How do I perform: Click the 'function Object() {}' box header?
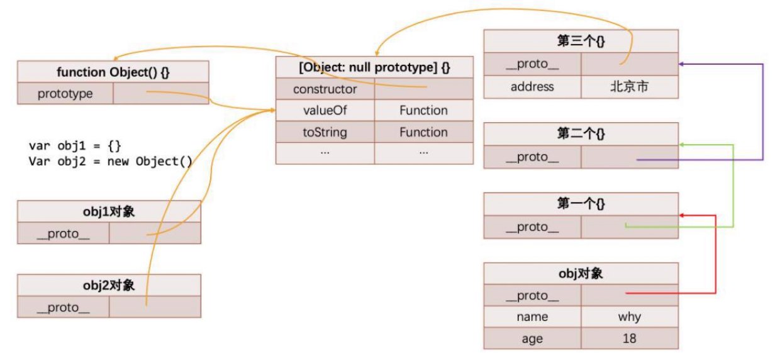[x=113, y=72]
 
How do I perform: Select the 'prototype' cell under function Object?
[x=65, y=93]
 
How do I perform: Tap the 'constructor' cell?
[x=325, y=89]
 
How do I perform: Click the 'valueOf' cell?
[x=325, y=111]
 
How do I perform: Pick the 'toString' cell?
[x=325, y=132]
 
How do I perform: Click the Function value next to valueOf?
[x=424, y=111]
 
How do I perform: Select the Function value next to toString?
[x=424, y=132]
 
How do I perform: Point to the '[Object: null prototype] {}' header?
[x=375, y=67]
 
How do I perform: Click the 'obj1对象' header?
[x=109, y=211]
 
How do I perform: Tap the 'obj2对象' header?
[x=109, y=286]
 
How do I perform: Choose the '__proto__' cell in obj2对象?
[x=64, y=307]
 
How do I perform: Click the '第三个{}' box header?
[x=581, y=41]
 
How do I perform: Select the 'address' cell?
[x=532, y=87]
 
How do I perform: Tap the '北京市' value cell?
[x=630, y=87]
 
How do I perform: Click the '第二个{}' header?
[x=581, y=134]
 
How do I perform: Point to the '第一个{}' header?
[x=581, y=204]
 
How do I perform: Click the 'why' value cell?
[x=630, y=317]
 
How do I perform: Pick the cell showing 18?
[x=630, y=339]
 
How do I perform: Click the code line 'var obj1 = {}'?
[x=75, y=145]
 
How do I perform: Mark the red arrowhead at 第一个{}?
[x=681, y=215]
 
